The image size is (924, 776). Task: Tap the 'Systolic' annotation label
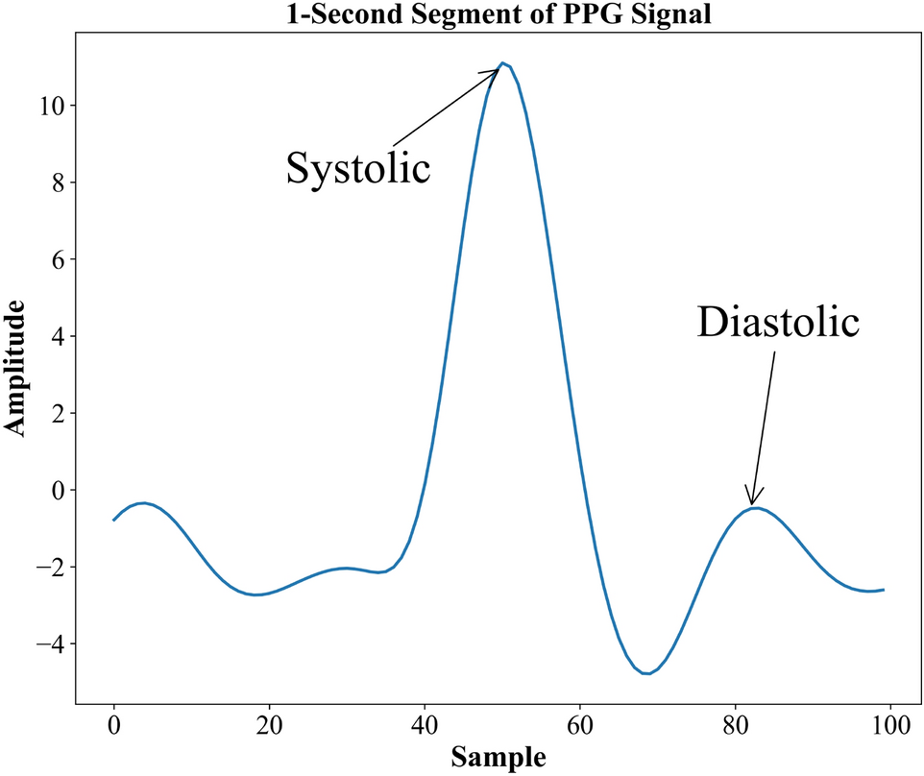[x=357, y=168]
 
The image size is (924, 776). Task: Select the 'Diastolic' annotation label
[x=777, y=322]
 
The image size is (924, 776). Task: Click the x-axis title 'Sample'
[x=498, y=757]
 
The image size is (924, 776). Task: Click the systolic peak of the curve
[x=502, y=64]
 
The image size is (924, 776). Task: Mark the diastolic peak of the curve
[x=755, y=508]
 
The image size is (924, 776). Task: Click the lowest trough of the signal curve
[x=646, y=673]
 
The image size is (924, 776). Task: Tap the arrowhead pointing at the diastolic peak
[x=753, y=497]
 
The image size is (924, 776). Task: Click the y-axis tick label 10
[x=50, y=106]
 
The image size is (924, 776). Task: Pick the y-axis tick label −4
[x=47, y=644]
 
